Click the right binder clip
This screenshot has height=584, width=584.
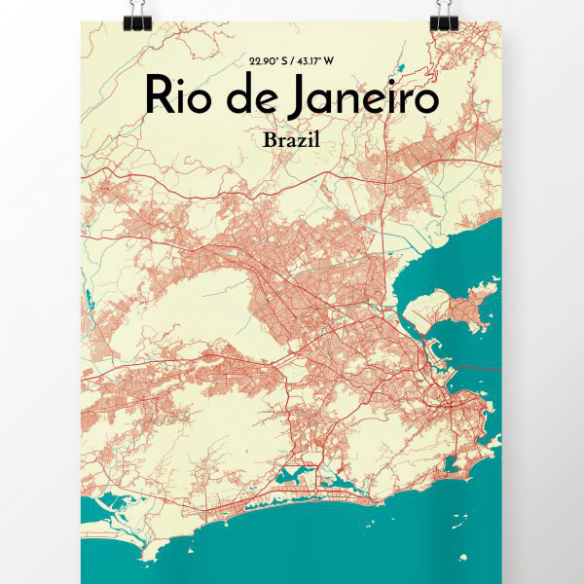pyautogui.click(x=444, y=13)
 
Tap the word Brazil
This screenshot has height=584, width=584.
pyautogui.click(x=291, y=139)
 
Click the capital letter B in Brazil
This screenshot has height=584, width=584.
pyautogui.click(x=269, y=139)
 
